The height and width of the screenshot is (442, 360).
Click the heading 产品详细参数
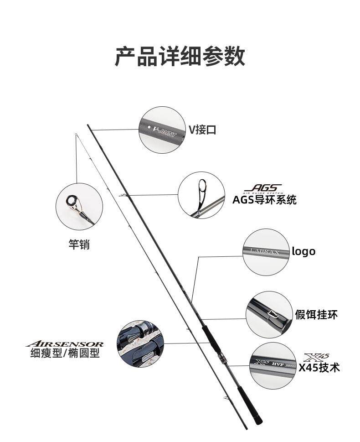click(180, 57)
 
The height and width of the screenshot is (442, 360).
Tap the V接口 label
click(202, 130)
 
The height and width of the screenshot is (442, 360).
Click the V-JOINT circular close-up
click(162, 130)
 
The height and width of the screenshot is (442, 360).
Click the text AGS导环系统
click(264, 200)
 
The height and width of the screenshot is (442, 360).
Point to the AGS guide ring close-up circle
click(201, 195)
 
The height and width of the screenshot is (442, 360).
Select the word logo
click(303, 251)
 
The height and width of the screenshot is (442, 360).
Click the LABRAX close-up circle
click(266, 252)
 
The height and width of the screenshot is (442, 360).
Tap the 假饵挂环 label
click(316, 314)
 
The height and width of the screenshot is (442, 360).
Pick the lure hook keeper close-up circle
click(269, 315)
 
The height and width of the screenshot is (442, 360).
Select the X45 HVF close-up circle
click(273, 366)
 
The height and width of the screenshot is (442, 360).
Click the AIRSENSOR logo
click(65, 344)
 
